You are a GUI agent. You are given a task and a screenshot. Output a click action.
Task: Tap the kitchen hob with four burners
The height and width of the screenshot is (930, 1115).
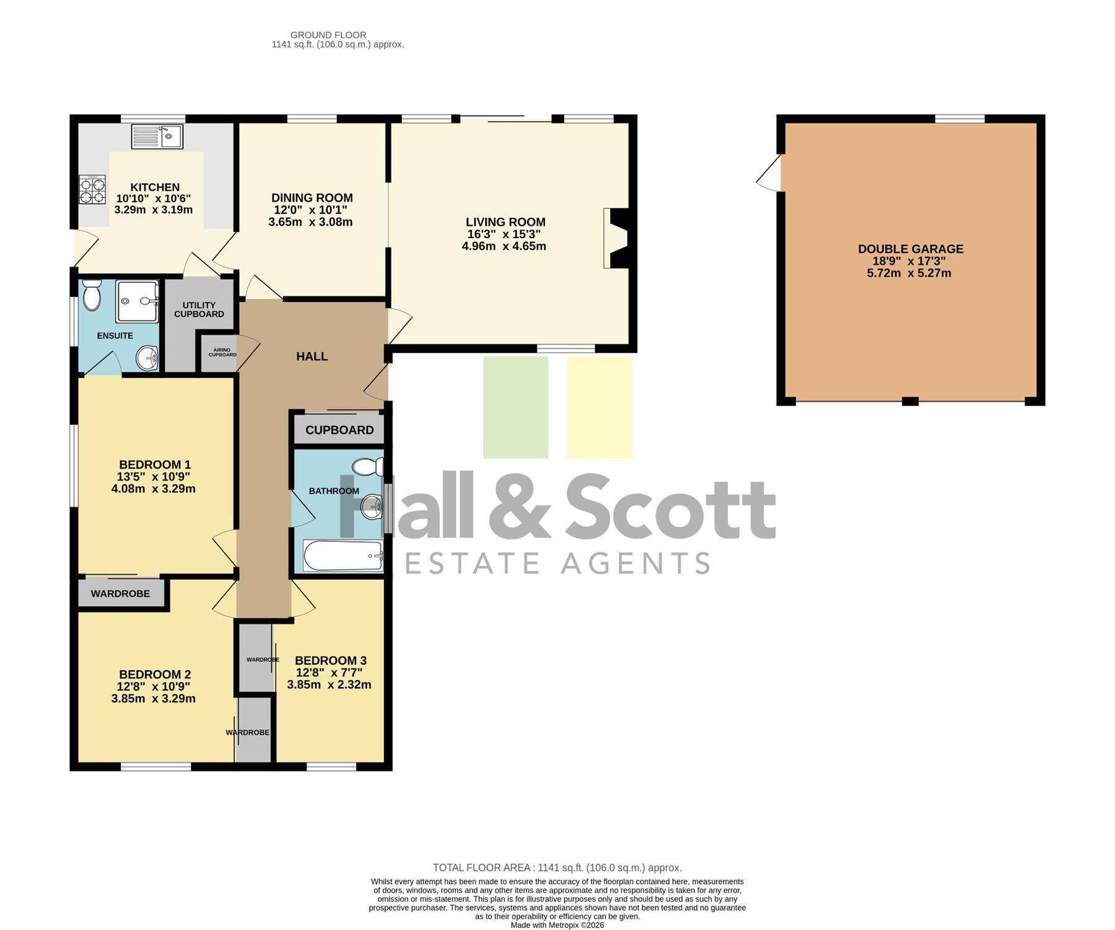click(92, 190)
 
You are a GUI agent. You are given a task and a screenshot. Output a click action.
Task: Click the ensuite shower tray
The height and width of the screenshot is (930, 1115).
click(137, 301)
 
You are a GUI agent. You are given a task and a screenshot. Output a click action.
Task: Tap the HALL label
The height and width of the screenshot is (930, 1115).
click(312, 356)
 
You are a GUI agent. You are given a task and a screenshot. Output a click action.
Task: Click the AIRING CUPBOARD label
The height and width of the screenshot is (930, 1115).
click(222, 352)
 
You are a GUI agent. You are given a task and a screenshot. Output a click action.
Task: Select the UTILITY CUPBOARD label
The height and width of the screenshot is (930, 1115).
click(199, 309)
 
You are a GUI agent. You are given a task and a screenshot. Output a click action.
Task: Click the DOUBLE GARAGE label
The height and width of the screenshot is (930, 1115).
click(911, 249)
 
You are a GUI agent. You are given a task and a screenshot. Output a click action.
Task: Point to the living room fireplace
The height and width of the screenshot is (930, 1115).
click(616, 238)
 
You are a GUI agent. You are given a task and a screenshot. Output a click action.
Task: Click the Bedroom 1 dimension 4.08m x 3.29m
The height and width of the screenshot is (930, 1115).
click(154, 489)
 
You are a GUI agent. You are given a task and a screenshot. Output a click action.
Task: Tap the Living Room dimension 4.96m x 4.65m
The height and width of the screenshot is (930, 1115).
click(504, 246)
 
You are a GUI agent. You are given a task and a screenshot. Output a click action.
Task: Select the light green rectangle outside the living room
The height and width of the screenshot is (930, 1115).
click(515, 407)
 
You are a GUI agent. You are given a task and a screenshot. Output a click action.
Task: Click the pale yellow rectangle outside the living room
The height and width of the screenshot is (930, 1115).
click(600, 407)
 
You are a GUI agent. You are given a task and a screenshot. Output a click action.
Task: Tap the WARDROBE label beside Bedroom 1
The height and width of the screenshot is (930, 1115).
click(120, 594)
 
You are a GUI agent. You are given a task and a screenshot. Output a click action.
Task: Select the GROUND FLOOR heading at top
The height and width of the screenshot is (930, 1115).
click(328, 35)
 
